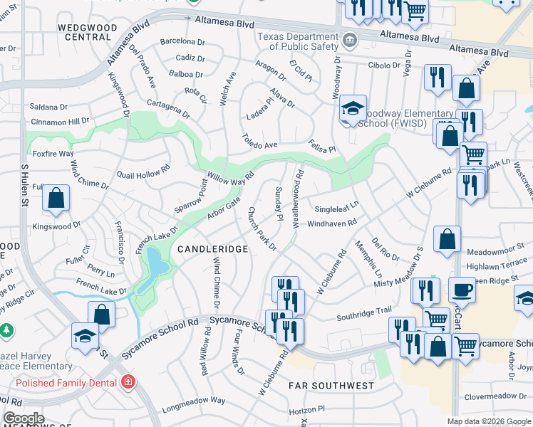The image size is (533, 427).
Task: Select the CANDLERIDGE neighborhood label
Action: [212, 249]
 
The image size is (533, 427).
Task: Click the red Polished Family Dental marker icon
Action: [128, 381]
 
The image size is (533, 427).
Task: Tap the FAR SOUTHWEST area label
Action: [331, 386]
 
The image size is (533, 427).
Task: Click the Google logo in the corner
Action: [24, 418]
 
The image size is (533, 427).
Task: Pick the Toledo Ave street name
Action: [259, 140]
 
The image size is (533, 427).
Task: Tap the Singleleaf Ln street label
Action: [337, 208]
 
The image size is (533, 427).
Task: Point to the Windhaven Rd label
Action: [331, 223]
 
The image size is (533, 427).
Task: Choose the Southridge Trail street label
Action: [364, 310]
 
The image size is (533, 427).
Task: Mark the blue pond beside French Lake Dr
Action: [156, 270]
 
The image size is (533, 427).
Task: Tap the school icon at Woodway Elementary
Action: [352, 109]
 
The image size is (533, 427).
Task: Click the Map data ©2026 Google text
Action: [488, 421]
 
